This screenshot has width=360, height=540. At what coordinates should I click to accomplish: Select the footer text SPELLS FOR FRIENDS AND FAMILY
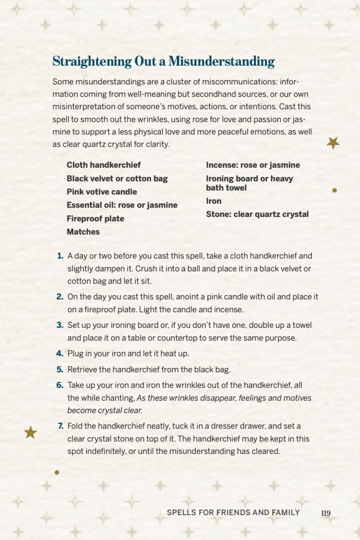tap(233, 513)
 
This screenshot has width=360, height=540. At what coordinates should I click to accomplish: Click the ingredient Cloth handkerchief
tap(103, 165)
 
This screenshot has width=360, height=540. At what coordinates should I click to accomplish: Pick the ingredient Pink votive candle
tap(101, 192)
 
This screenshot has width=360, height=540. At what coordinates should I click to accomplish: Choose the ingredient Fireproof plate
tap(95, 219)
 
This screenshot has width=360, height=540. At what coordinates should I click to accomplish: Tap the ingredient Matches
tap(83, 232)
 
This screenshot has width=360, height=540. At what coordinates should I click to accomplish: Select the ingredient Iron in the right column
tap(214, 201)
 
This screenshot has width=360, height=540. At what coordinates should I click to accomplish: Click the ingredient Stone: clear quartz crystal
tap(257, 214)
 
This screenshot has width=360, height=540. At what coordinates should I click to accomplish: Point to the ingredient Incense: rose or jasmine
tap(253, 165)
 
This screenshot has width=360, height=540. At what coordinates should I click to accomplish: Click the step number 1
tap(60, 256)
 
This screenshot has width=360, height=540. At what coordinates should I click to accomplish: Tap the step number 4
tap(60, 353)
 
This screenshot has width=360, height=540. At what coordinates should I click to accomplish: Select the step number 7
tap(60, 426)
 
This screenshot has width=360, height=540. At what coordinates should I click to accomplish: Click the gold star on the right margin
tap(333, 143)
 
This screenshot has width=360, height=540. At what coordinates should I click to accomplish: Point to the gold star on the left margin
tap(31, 433)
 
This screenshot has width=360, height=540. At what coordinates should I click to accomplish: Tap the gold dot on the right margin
tap(334, 190)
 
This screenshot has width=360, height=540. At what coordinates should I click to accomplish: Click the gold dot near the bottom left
tap(56, 472)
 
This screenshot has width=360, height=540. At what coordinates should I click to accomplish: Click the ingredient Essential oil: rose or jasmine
tap(122, 205)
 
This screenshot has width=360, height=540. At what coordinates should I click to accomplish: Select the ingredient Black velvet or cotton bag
tap(117, 178)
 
